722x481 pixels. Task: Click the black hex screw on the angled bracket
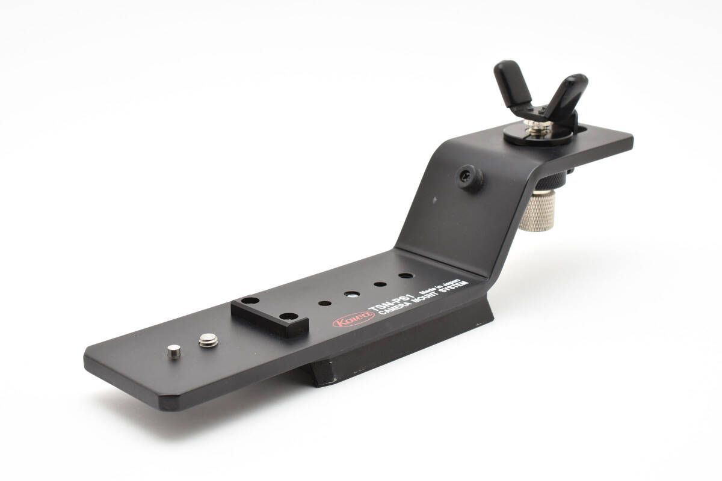coord(470,178)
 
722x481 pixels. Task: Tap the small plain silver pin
coord(174,351)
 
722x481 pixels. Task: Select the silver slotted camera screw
coord(208,340)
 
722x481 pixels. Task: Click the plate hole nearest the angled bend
coord(406,276)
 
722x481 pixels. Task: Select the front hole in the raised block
coord(288,316)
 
